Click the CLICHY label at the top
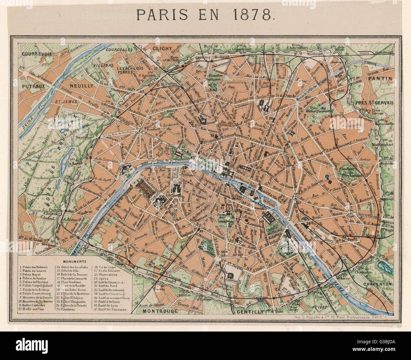(163, 48)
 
